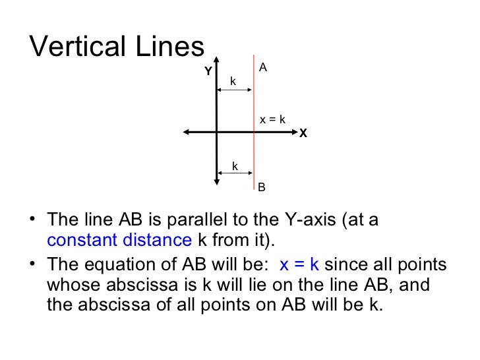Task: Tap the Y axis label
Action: click(208, 71)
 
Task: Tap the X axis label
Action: click(303, 134)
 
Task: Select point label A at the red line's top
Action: click(262, 67)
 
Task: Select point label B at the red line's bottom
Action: click(261, 188)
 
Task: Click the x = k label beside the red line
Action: click(272, 119)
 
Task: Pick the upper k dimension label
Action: click(233, 80)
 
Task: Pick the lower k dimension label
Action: click(235, 165)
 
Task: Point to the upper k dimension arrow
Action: click(235, 90)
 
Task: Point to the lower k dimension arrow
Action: click(235, 173)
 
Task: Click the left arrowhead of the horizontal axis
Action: click(187, 133)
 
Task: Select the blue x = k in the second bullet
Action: click(299, 265)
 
